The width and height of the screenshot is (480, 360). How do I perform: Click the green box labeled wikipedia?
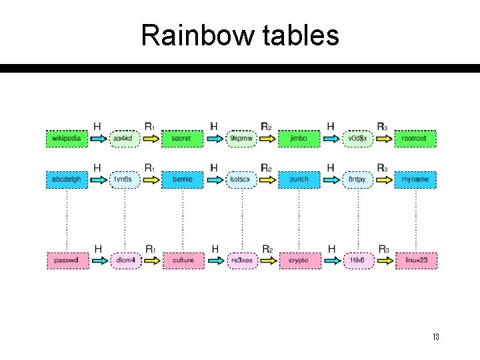pyautogui.click(x=67, y=139)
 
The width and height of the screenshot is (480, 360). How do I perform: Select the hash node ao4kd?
pyautogui.click(x=123, y=139)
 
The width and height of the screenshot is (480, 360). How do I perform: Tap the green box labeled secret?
pyautogui.click(x=181, y=139)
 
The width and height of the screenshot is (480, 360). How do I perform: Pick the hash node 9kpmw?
pyautogui.click(x=241, y=139)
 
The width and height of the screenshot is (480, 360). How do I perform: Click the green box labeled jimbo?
pyautogui.click(x=299, y=139)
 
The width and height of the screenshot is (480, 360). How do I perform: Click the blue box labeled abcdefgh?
pyautogui.click(x=67, y=179)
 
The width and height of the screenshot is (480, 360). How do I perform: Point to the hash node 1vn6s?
pyautogui.click(x=123, y=179)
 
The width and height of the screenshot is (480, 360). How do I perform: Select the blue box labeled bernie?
pyautogui.click(x=182, y=179)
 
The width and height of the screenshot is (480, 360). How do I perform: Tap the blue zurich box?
pyautogui.click(x=299, y=179)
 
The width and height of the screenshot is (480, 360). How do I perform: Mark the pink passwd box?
pyautogui.click(x=67, y=260)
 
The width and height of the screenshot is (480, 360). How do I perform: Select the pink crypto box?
pyautogui.click(x=299, y=260)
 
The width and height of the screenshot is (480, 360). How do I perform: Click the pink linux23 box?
pyautogui.click(x=415, y=260)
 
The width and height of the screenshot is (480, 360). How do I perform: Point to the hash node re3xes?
pyautogui.click(x=241, y=260)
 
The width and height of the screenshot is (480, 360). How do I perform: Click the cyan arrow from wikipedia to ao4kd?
pyautogui.click(x=97, y=139)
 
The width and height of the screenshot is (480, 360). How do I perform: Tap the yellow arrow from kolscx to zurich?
pyautogui.click(x=267, y=179)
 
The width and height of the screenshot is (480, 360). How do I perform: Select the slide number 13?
pyautogui.click(x=435, y=337)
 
